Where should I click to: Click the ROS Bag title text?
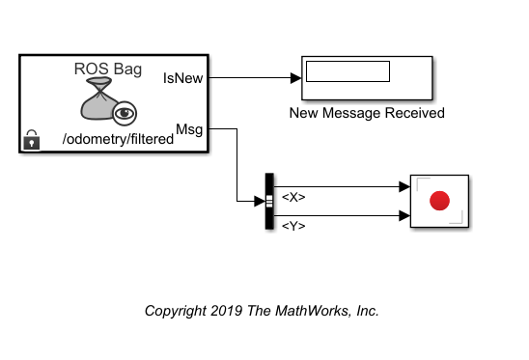coord(108,69)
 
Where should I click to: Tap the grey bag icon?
coord(98,98)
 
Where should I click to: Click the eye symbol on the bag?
coord(125,113)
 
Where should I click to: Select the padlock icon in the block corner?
coord(32,140)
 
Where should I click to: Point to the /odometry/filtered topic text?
coord(118,139)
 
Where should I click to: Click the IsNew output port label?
coord(182,78)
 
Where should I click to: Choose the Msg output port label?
coord(189,129)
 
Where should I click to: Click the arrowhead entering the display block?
coord(296,78)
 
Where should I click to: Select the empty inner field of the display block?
coord(348,71)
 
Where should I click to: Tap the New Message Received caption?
coord(367,113)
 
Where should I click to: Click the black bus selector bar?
coord(269,202)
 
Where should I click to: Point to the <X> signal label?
coord(293,197)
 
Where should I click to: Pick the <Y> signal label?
coord(293,226)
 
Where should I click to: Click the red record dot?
coord(439,201)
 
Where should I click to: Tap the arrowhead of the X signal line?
coord(404,186)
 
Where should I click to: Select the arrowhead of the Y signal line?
coord(404,215)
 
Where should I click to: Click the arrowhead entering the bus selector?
coord(260,202)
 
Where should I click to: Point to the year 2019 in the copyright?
coord(227,311)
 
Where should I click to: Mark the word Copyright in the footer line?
coord(176,311)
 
